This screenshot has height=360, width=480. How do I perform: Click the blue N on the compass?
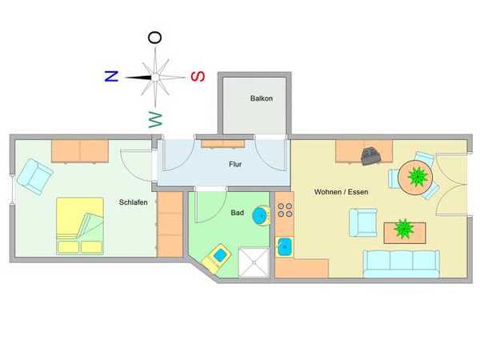111,76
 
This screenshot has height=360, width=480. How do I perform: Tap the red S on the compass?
198,76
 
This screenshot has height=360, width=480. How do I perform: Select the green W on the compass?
155,120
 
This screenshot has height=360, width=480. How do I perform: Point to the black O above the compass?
155,38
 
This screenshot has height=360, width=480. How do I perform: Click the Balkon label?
262,98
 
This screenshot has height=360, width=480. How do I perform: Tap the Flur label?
235,164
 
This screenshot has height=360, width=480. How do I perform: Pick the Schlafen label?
133,202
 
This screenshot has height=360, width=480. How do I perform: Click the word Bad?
238,213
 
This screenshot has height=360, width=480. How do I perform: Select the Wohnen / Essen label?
342,192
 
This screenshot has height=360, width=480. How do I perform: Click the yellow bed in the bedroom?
80,226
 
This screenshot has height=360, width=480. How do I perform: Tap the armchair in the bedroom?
35,177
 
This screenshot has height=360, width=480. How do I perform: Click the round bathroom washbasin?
261,215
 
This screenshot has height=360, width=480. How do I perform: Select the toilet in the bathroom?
216,258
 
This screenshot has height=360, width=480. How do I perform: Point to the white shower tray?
254,262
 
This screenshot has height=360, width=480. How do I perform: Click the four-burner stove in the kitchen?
285,210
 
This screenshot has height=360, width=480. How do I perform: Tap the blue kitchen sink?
285,246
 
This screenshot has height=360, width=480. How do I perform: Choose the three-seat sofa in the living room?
402,264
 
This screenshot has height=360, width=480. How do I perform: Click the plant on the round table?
418,177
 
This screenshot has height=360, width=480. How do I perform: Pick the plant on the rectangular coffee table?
404,229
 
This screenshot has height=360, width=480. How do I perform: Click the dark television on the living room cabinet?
371,156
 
